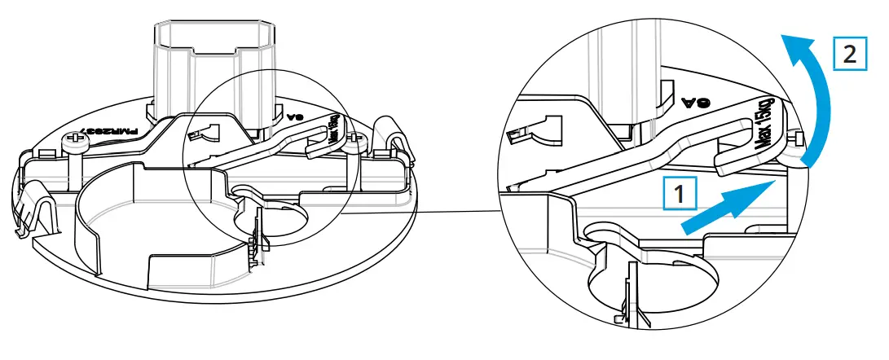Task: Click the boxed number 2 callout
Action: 849,56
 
